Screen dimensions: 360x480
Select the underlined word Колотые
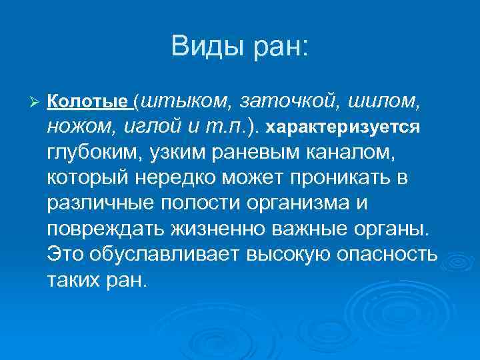(89, 101)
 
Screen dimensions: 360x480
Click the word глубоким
(91, 153)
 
